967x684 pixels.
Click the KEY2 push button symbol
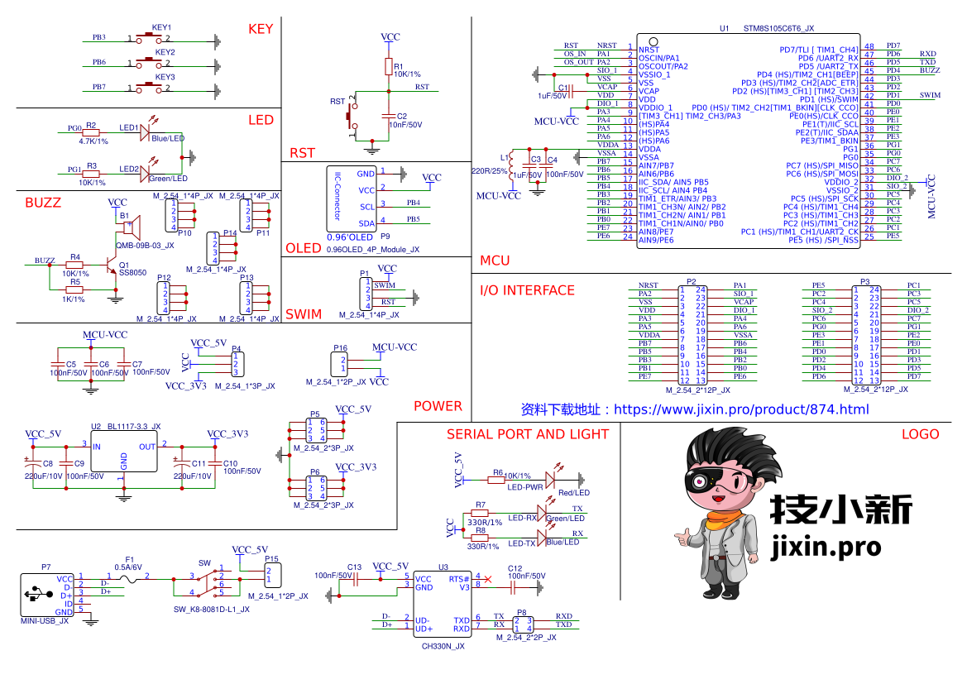coord(149,63)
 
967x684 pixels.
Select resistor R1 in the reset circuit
coord(388,66)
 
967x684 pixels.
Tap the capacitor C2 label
coord(402,117)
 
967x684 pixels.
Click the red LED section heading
coord(261,120)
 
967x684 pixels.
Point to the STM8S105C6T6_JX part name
coord(778,28)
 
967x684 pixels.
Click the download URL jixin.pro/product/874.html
coord(741,409)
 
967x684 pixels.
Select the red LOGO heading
coord(920,434)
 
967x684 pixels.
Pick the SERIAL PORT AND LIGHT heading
coord(527,434)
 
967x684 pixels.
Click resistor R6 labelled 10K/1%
coord(497,479)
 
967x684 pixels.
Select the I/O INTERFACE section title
coord(527,290)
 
